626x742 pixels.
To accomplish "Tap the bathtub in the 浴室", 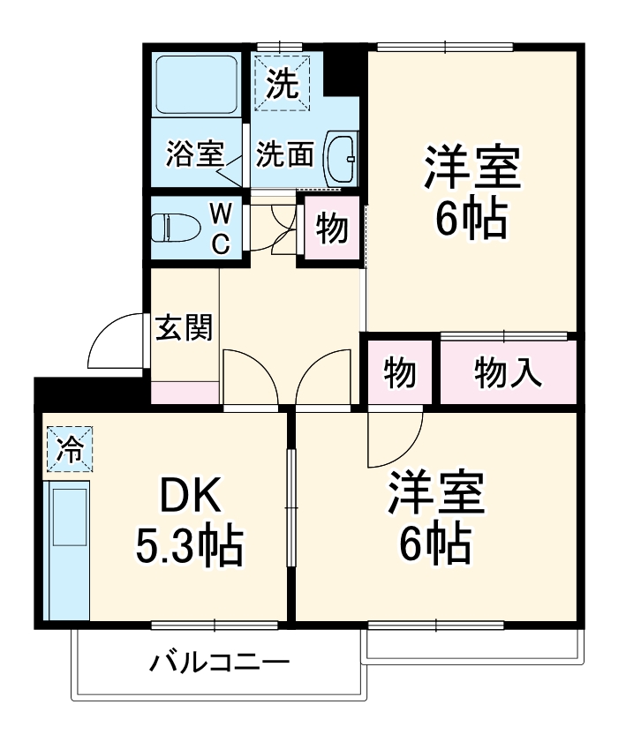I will point(196,86).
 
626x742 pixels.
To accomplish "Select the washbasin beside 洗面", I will point(341,160).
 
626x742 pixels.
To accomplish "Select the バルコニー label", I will point(218,661).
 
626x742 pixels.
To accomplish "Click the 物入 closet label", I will point(508,373).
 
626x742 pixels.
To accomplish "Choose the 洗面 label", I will point(284,155).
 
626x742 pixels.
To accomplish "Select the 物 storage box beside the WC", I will point(333,229).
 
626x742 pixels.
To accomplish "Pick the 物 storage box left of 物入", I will point(400,373).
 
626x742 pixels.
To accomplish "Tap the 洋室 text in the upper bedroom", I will point(471,169).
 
